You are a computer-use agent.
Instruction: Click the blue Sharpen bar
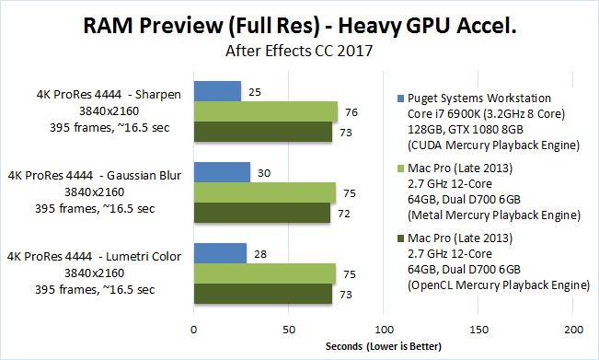[x=217, y=91]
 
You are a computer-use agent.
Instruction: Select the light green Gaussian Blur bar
[x=265, y=192]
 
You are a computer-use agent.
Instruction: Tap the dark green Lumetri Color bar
[x=263, y=294]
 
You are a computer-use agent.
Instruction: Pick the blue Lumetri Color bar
[x=220, y=253]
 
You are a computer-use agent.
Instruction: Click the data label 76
[x=351, y=112]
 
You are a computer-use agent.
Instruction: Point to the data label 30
[x=263, y=173]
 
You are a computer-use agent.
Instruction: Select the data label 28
[x=260, y=254]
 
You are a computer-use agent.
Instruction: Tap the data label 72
[x=344, y=214]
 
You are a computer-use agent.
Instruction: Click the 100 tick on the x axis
[x=384, y=330]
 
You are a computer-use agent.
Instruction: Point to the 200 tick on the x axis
[x=573, y=330]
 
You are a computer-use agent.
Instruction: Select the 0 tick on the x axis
[x=193, y=330]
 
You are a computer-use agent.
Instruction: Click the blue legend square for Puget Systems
[x=400, y=99]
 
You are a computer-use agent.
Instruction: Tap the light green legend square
[x=400, y=168]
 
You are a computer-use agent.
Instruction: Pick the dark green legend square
[x=400, y=238]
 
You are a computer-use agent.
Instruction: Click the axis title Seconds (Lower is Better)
[x=383, y=346]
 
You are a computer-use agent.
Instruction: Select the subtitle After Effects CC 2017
[x=299, y=51]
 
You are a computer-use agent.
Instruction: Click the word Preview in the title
[x=180, y=26]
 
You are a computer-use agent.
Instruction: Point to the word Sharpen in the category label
[x=157, y=95]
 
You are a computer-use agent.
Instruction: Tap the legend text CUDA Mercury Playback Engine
[x=493, y=145]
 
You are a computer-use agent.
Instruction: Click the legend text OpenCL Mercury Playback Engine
[x=499, y=285]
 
